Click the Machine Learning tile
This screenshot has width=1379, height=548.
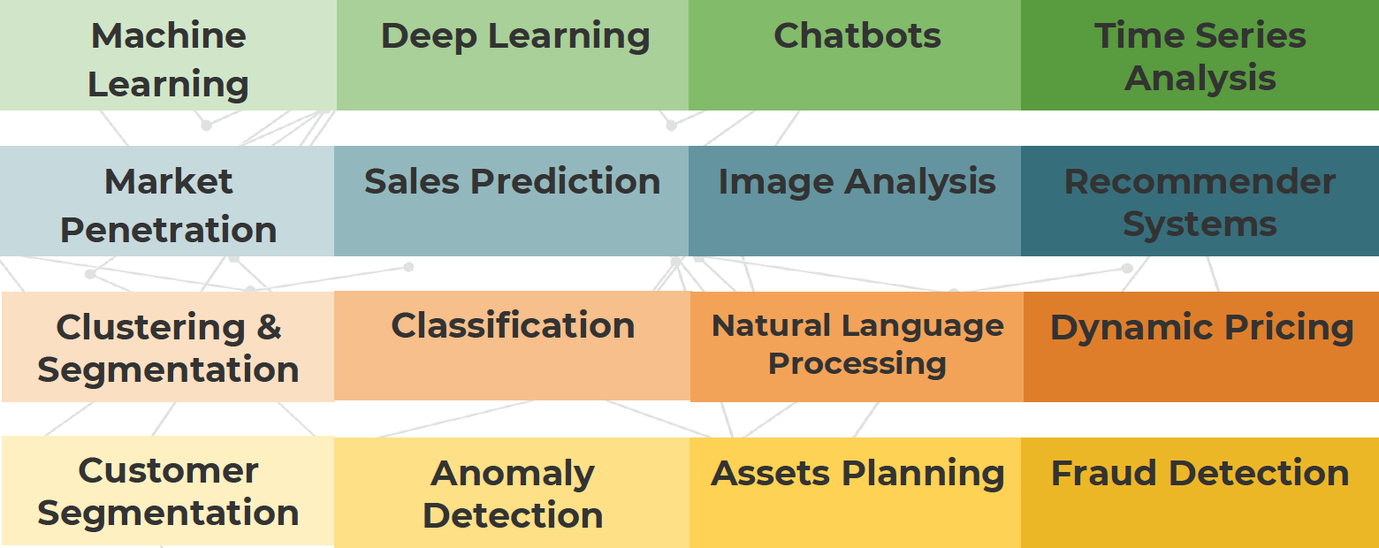pos(168,55)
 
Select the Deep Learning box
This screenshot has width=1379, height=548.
pos(512,55)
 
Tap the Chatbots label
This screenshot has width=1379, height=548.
pos(857,35)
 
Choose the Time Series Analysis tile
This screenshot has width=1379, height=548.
pos(1200,55)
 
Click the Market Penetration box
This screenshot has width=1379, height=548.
pos(167,201)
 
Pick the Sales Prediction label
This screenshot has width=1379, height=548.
pos(512,182)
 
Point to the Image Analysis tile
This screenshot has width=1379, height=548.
pos(855,201)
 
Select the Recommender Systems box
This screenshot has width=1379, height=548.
pos(1200,201)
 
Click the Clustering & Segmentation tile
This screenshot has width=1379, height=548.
pos(168,346)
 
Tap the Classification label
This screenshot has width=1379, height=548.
pos(513,326)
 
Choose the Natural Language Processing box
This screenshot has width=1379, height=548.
pos(857,346)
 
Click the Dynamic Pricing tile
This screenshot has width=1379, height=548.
pos(1201,346)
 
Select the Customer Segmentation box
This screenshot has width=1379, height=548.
pos(168,491)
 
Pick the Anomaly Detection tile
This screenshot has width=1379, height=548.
pos(512,492)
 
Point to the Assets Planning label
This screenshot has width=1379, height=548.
pos(857,474)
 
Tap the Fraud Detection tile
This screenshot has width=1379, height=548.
pos(1200,492)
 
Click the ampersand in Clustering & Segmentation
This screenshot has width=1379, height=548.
pos(269,327)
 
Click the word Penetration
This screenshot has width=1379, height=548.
pos(168,230)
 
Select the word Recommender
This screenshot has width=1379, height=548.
pos(1200,182)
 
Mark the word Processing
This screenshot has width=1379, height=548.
pos(857,363)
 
